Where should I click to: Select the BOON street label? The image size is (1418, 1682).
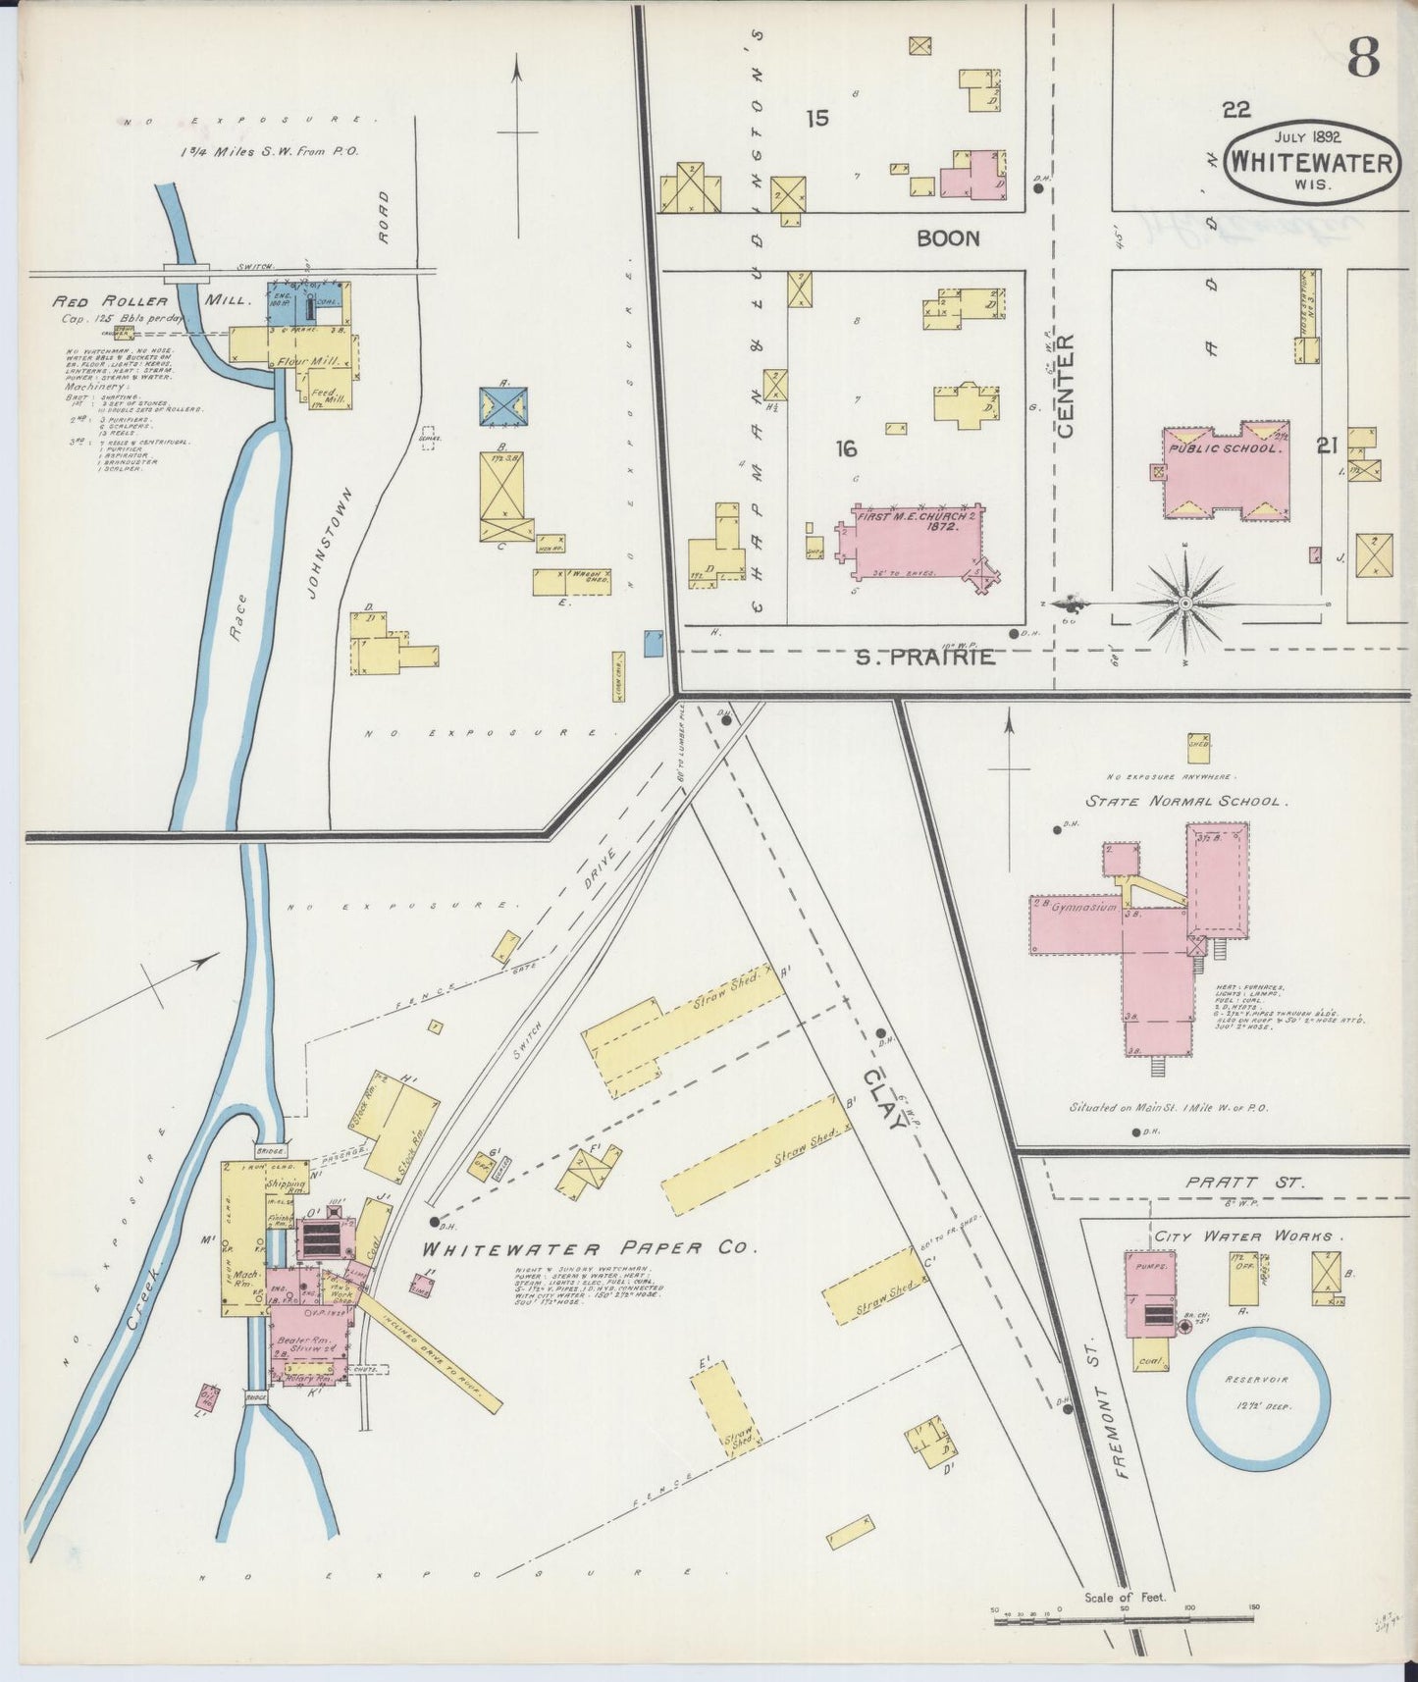coord(948,238)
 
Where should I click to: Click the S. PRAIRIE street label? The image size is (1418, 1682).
coord(924,657)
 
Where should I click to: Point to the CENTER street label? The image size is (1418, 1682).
coord(1067,386)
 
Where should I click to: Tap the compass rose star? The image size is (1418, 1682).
coord(1185,602)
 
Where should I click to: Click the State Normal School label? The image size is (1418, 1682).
coord(1184,801)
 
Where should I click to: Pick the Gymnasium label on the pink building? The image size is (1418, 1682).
coord(1084,909)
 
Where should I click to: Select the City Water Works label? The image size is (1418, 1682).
coord(1247,1236)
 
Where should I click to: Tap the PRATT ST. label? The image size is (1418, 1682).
coord(1245,1183)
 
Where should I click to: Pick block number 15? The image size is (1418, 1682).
coord(817,119)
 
